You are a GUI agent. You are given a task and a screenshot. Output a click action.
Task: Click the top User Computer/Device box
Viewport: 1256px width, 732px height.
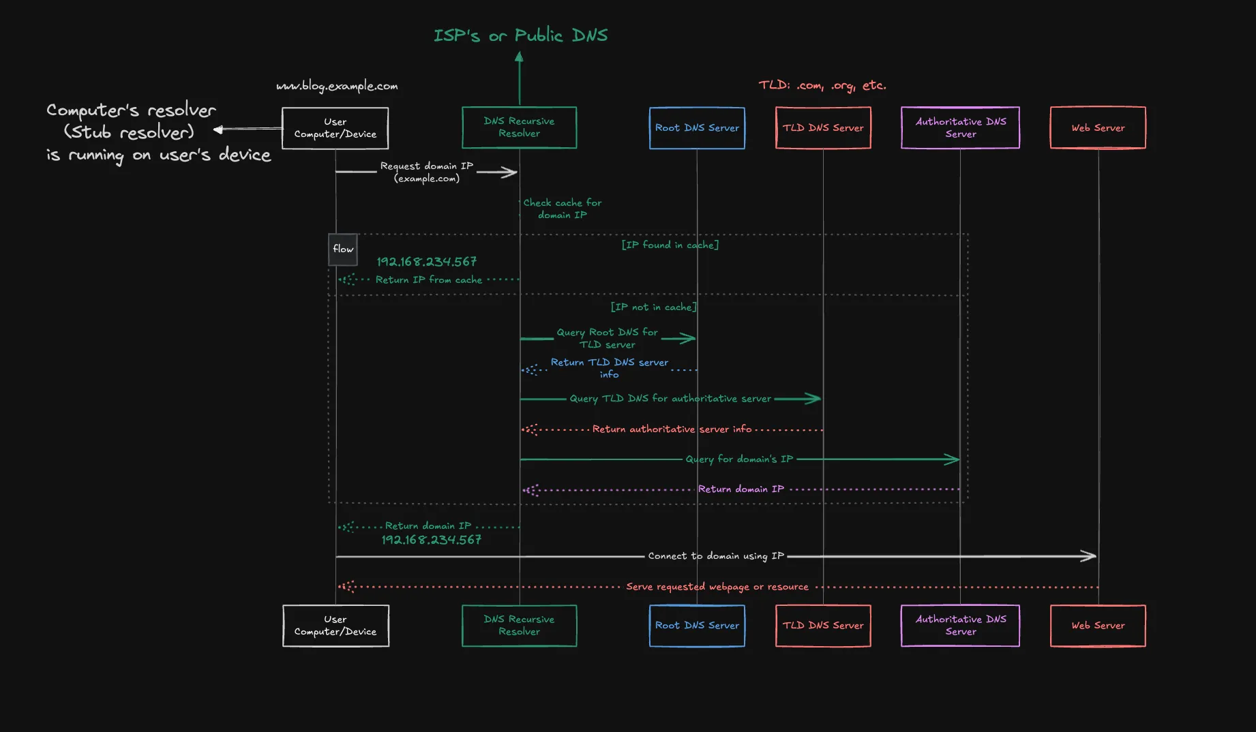335,128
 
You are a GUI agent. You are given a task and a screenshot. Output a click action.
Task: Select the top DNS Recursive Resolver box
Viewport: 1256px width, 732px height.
519,127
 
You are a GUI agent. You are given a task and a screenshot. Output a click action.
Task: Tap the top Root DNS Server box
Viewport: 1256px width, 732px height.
697,128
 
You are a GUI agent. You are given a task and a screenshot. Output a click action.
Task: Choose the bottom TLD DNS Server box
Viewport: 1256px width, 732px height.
823,626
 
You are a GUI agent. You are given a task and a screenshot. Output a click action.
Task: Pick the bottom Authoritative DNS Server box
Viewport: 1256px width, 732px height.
960,626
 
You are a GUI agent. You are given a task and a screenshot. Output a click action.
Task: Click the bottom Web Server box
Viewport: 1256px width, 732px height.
1098,626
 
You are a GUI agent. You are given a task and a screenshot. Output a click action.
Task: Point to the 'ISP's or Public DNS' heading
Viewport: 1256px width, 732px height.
520,35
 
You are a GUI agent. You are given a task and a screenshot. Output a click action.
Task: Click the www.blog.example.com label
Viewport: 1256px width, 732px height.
337,86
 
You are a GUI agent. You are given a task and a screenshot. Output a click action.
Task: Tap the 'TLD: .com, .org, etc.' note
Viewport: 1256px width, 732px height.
822,85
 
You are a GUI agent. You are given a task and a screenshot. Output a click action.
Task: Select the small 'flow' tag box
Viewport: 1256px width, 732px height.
343,249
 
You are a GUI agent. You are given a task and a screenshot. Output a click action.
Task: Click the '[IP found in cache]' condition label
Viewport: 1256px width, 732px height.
670,245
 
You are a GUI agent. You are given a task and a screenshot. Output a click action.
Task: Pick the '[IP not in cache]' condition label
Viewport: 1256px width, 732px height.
653,307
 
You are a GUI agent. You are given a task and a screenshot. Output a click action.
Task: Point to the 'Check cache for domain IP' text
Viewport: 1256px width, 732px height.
563,209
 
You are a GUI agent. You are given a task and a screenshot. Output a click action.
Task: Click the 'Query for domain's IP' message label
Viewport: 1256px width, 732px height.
739,459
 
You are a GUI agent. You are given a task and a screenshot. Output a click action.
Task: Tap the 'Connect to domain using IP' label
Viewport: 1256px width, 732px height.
716,556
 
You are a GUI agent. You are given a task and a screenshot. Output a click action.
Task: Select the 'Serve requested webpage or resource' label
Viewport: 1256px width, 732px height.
717,587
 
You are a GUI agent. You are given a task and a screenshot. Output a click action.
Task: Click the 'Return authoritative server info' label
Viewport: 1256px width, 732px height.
672,429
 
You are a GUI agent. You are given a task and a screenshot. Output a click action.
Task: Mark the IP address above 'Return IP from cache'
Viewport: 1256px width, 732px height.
427,262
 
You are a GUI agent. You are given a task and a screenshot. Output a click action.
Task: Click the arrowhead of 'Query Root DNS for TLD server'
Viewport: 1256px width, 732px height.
690,338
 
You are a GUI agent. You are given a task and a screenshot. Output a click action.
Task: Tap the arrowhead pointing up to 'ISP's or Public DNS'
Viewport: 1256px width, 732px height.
520,57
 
